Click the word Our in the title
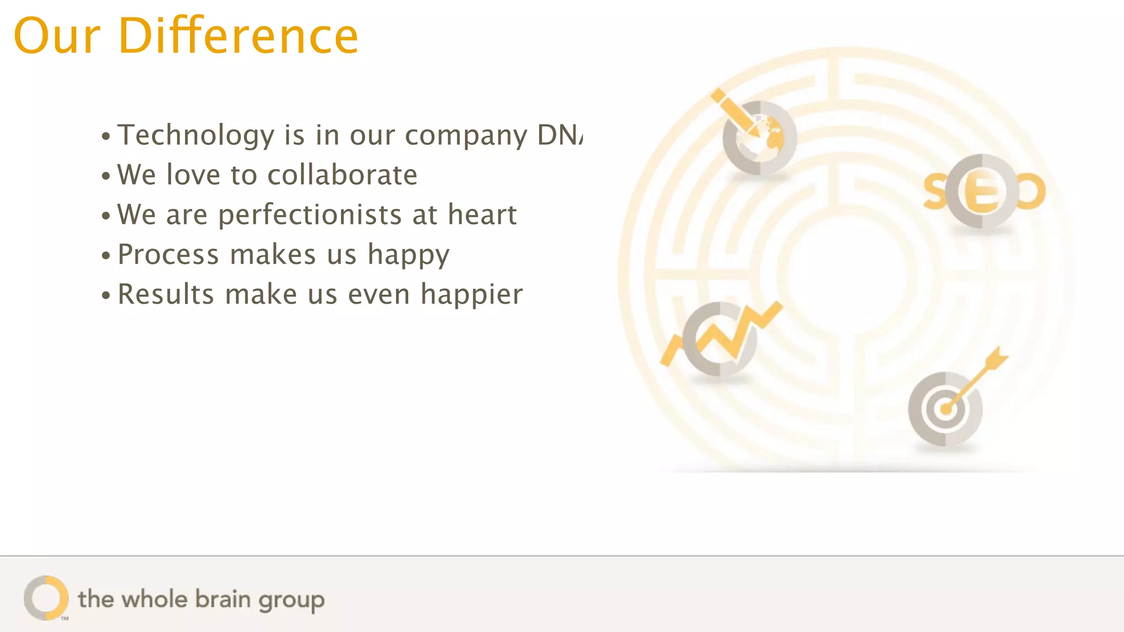pyautogui.click(x=57, y=36)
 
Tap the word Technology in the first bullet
pyautogui.click(x=196, y=135)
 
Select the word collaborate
pyautogui.click(x=342, y=175)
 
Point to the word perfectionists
pyautogui.click(x=310, y=215)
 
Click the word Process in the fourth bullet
pyautogui.click(x=168, y=255)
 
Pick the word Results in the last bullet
pyautogui.click(x=166, y=294)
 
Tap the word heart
pyautogui.click(x=482, y=215)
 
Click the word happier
pyautogui.click(x=471, y=295)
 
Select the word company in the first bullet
pyautogui.click(x=466, y=136)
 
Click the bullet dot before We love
pyautogui.click(x=106, y=177)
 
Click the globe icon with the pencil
pyautogui.click(x=758, y=138)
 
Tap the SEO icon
pyautogui.click(x=983, y=191)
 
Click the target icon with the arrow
pyautogui.click(x=945, y=409)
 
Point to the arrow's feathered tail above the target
pyautogui.click(x=996, y=359)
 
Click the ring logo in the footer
pyautogui.click(x=46, y=597)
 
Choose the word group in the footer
pyautogui.click(x=291, y=600)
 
